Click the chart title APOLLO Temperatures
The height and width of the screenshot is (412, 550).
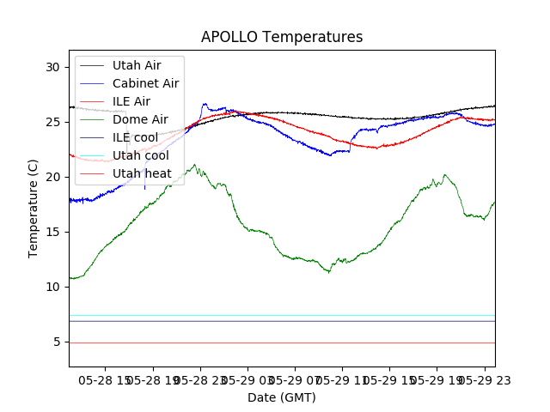282,37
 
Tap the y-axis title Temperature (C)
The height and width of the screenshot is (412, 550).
34,209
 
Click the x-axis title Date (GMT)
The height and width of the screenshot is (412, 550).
282,397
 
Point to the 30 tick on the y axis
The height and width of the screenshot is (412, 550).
53,67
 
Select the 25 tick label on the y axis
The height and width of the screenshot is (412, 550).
53,122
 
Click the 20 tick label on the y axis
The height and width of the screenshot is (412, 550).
53,177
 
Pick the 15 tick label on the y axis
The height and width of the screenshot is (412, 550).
53,232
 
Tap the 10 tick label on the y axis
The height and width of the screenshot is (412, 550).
53,287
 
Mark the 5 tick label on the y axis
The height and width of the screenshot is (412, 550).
57,342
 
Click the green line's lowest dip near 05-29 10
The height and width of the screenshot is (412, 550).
328,272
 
